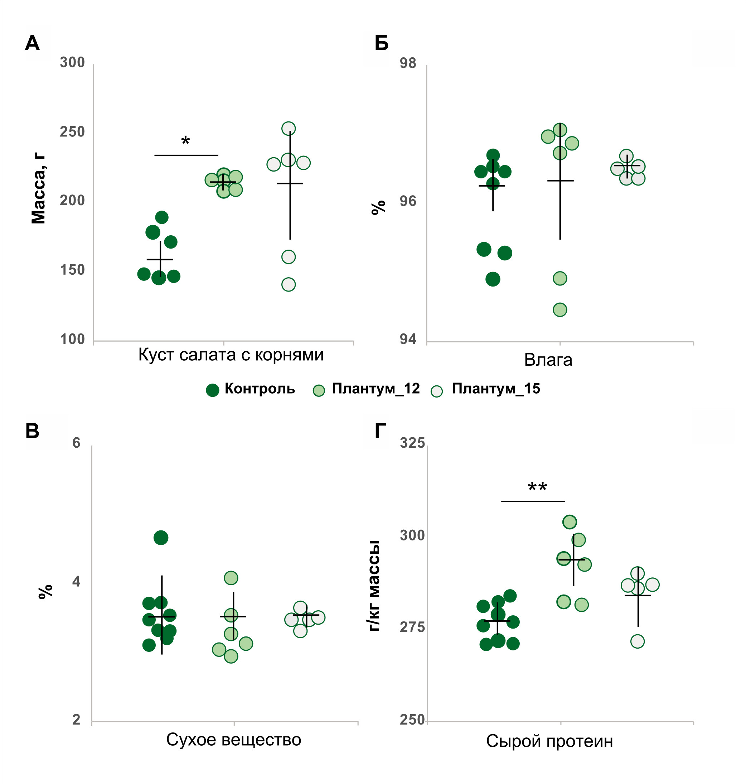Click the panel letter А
tap(32, 43)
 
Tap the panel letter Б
tap(381, 43)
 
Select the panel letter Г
tap(380, 431)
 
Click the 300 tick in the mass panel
tap(72, 63)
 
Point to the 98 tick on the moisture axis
tap(408, 63)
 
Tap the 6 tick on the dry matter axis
tap(76, 443)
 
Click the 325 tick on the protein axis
tap(412, 443)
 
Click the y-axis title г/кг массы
tap(374, 586)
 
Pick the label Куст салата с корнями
tap(231, 355)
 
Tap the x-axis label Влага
tap(548, 360)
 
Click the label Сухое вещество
tap(233, 740)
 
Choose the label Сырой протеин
tap(549, 741)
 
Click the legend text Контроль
tap(260, 389)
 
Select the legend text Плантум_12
tap(376, 389)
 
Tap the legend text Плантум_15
tap(496, 389)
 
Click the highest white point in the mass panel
tap(288, 129)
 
